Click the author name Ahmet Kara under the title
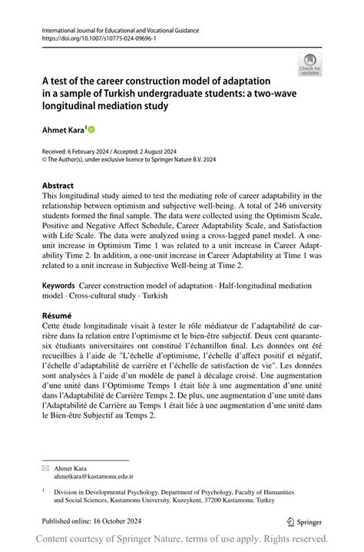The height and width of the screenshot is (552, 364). pyautogui.click(x=64, y=130)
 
